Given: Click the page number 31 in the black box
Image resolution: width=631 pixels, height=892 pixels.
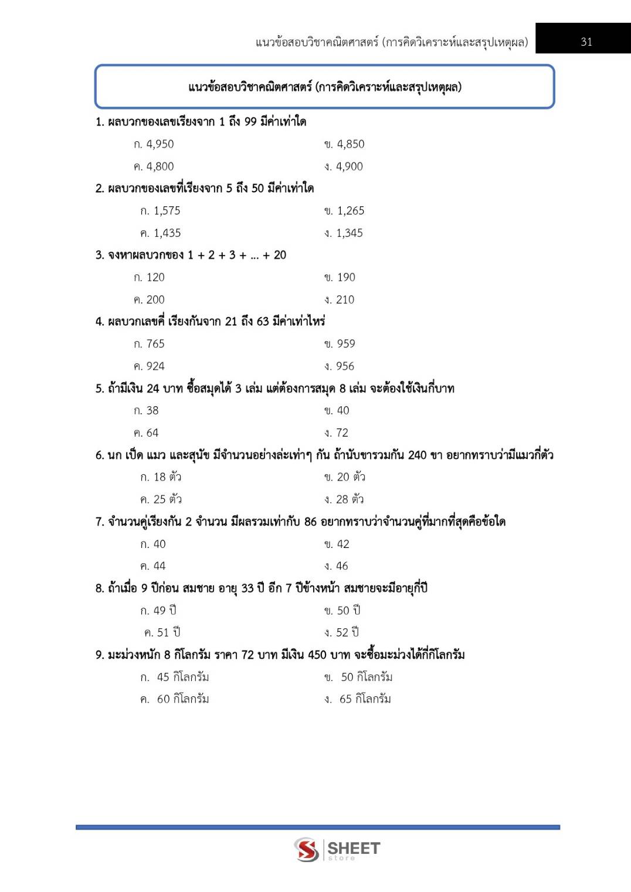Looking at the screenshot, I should click(586, 42).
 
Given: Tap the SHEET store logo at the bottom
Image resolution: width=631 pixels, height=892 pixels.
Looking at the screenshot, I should click(337, 849).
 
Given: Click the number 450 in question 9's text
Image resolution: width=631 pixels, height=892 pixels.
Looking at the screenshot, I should click(317, 655).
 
